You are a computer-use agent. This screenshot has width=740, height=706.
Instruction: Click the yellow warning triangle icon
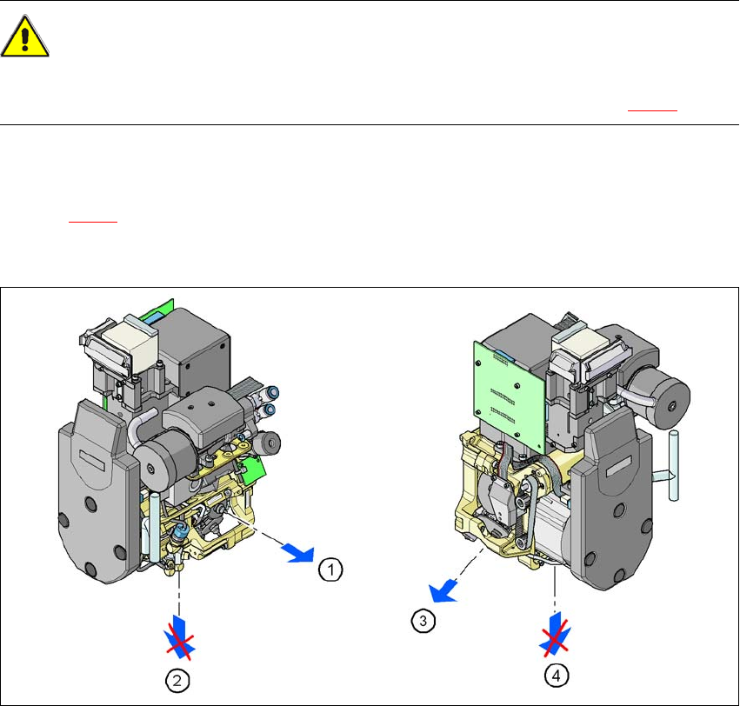[24, 37]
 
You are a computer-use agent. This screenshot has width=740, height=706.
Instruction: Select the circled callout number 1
[330, 569]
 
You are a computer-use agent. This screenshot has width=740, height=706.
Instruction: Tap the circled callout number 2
[177, 681]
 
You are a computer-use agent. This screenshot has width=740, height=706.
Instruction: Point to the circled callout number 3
[423, 621]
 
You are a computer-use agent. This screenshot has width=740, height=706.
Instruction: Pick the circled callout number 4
[557, 676]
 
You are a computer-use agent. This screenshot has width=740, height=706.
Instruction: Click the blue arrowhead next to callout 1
[298, 553]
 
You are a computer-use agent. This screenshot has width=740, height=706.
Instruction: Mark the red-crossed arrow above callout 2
[179, 637]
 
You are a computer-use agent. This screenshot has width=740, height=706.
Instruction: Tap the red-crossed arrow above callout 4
[555, 635]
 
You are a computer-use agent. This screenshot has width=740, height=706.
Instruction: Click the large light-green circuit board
[510, 396]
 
